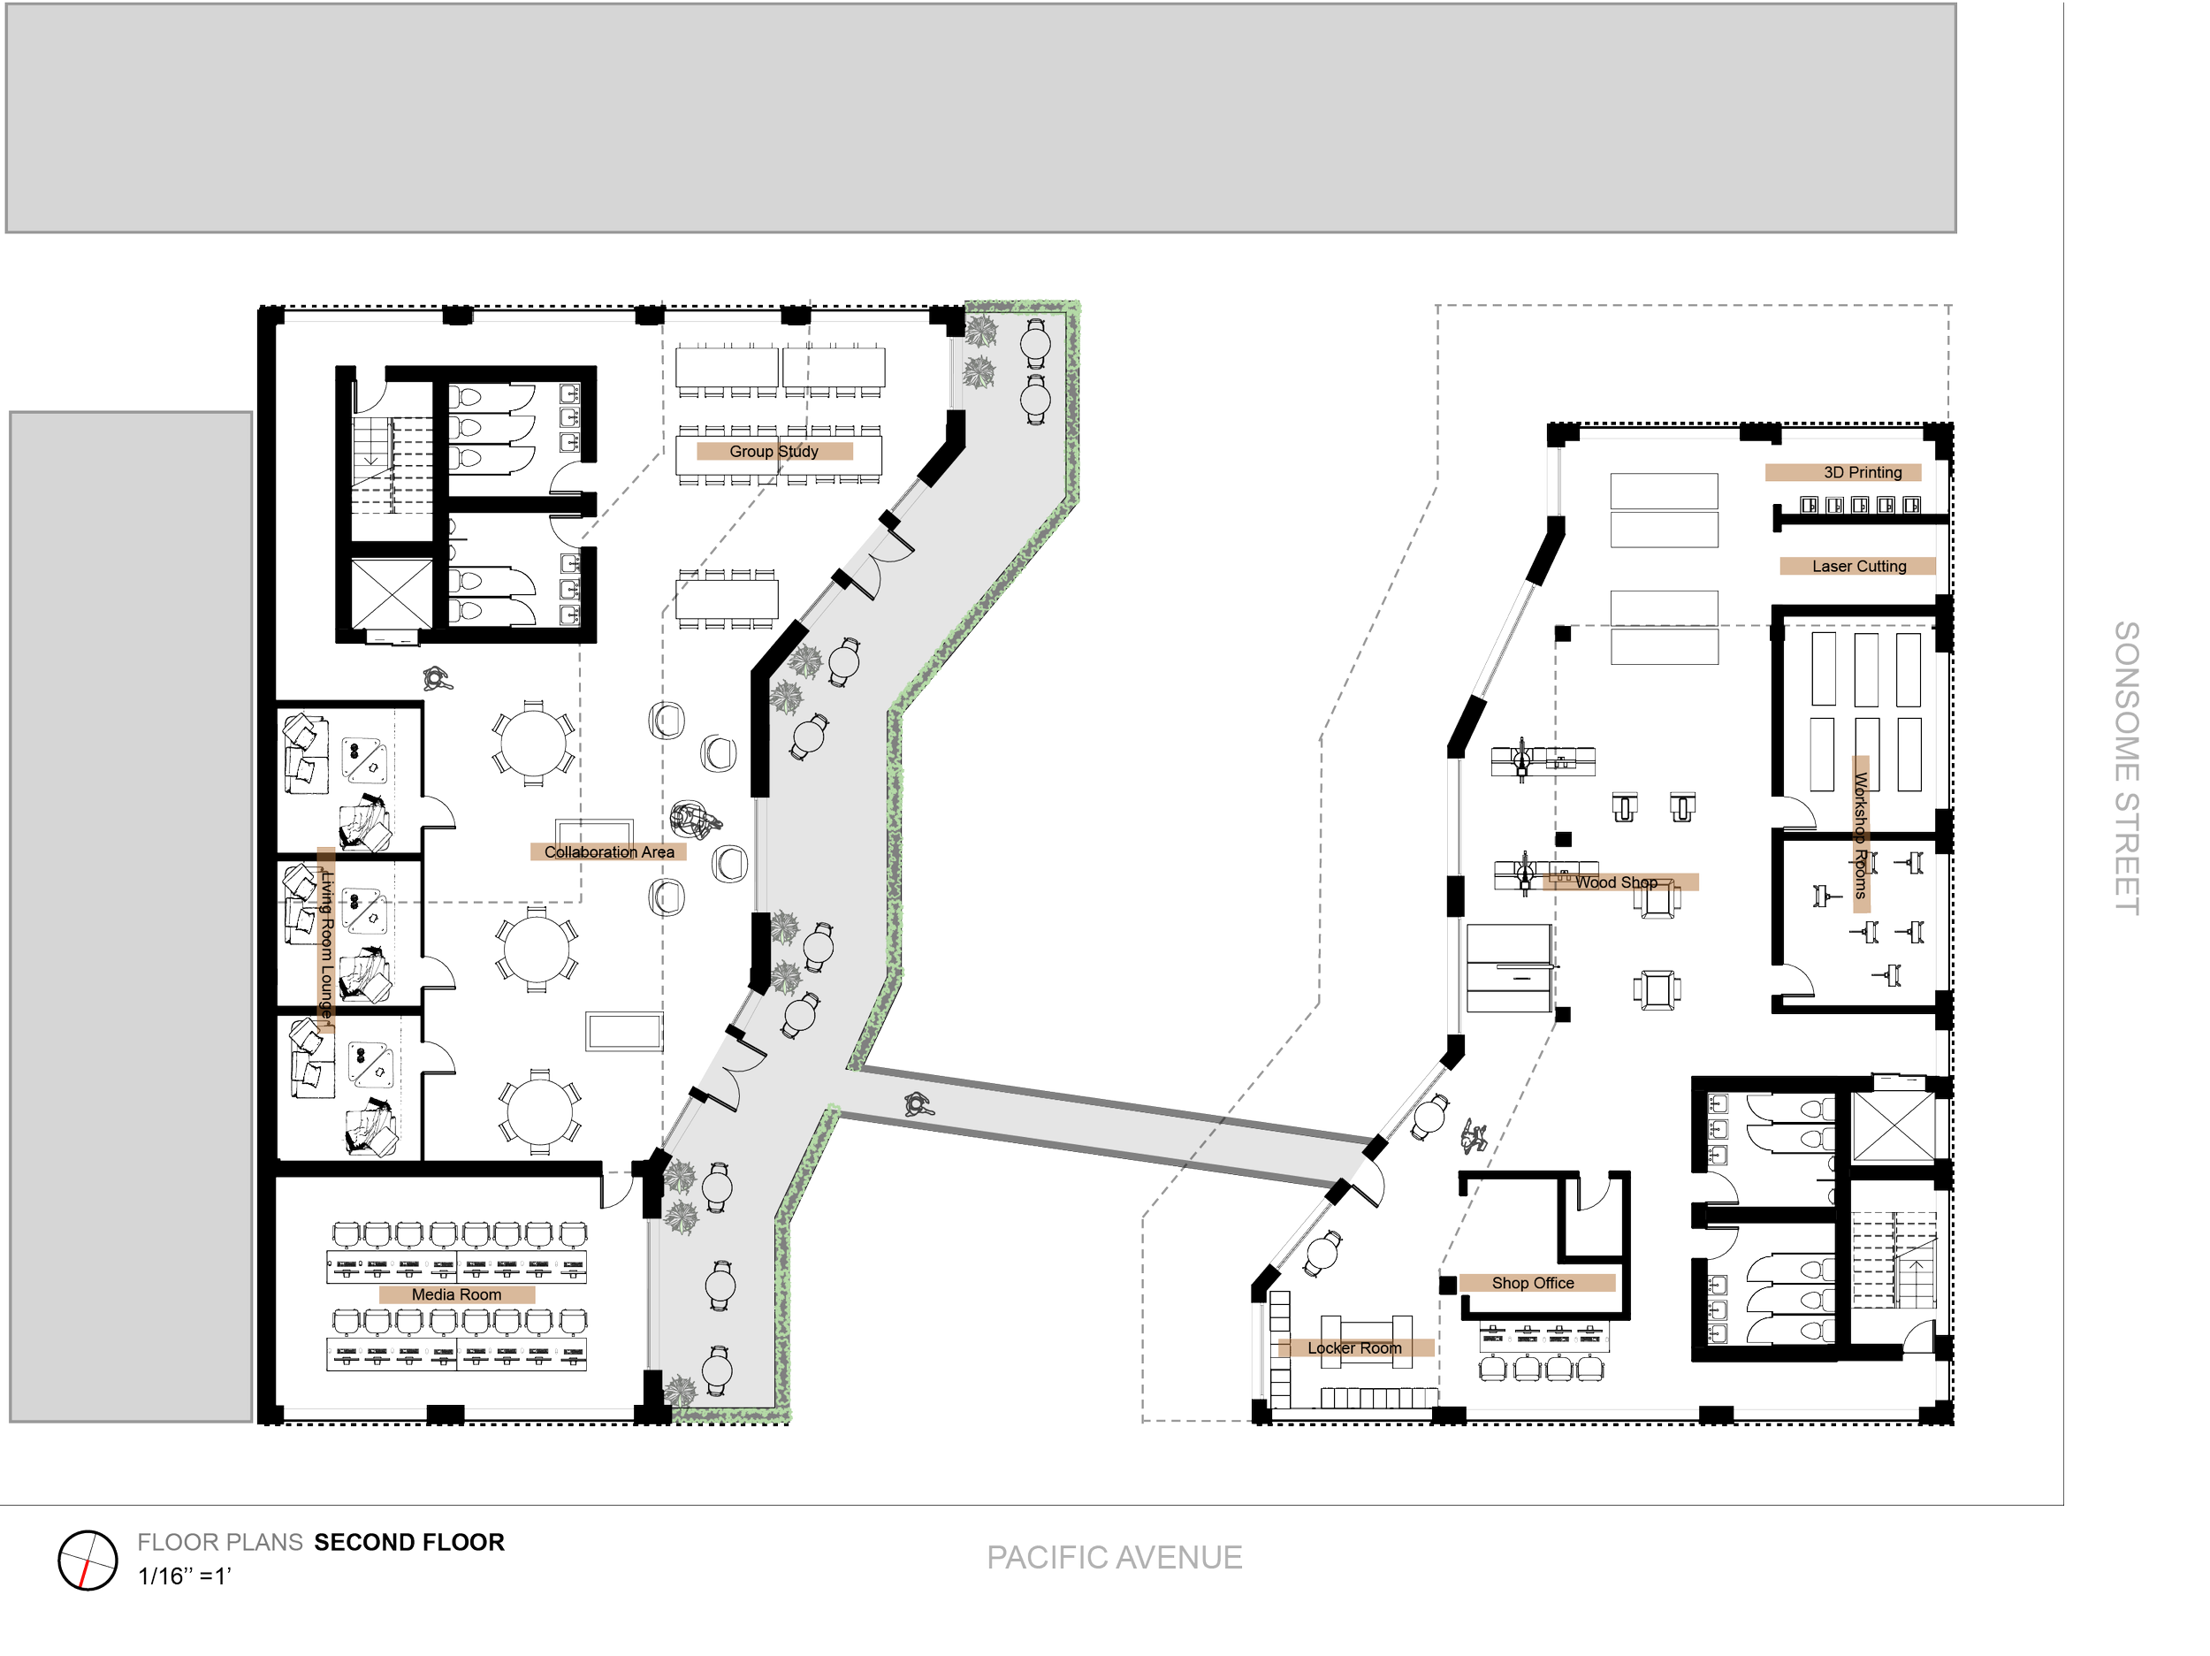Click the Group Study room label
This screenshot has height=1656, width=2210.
(774, 452)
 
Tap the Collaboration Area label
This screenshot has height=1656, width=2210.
(608, 852)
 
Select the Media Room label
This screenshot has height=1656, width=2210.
(457, 1295)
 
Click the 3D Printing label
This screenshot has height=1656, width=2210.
(1843, 473)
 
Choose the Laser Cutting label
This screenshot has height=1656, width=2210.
(1858, 567)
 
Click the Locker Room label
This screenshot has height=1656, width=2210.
(1356, 1348)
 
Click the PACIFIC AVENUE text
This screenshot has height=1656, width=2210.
(1114, 1558)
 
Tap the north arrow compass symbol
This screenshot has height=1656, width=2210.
(88, 1560)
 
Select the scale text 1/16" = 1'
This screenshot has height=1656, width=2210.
(185, 1577)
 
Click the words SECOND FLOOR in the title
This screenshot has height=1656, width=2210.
(409, 1543)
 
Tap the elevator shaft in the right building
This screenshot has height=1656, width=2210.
(1894, 1126)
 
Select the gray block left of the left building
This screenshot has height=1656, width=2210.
(131, 915)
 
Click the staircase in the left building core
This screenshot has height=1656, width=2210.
(392, 465)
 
